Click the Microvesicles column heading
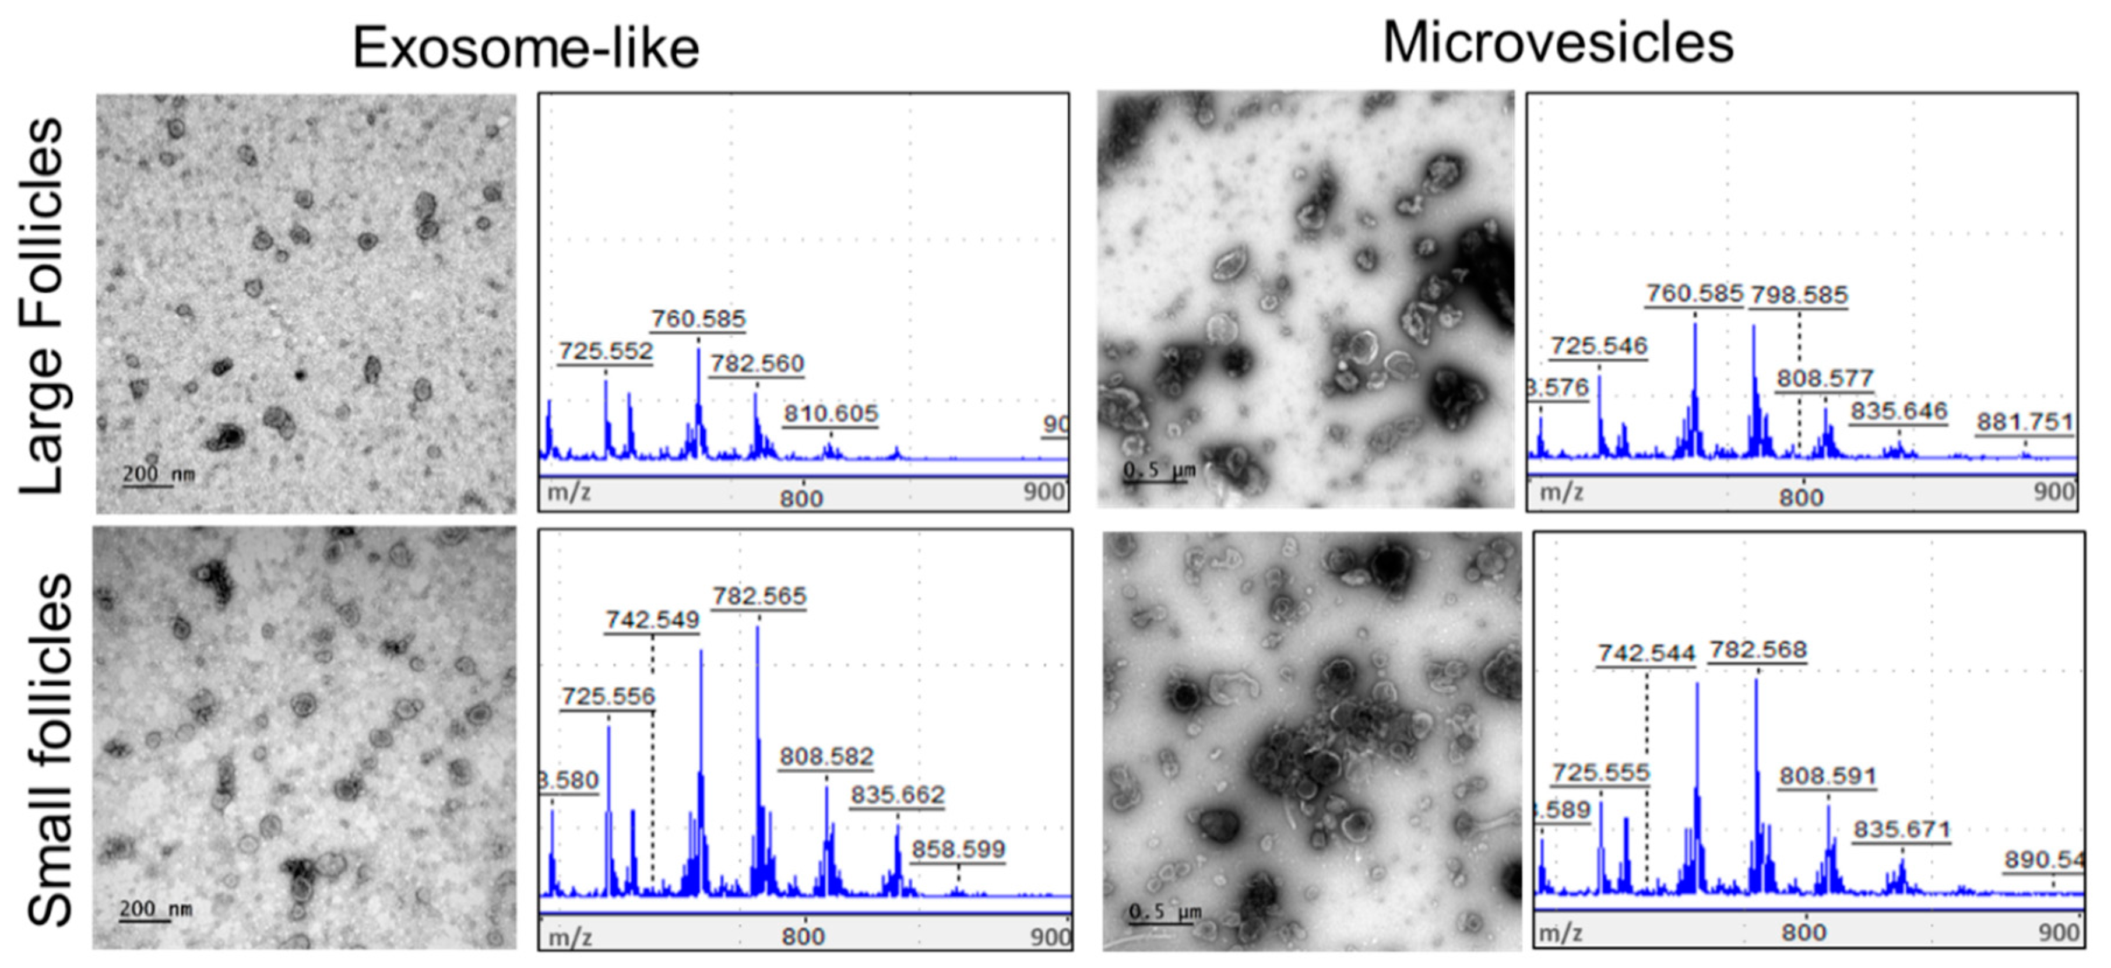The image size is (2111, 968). click(1558, 43)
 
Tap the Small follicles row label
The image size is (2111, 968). click(49, 750)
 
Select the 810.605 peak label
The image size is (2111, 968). click(830, 414)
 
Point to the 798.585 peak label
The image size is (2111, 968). click(1799, 295)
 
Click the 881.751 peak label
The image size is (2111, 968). click(2024, 423)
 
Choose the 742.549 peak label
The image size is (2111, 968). click(652, 620)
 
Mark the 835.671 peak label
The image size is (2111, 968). click(1901, 829)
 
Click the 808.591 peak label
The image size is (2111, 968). click(1828, 776)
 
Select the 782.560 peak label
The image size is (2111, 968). click(757, 364)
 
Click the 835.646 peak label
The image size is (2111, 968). click(1898, 411)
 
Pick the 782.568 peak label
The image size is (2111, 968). click(1757, 650)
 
